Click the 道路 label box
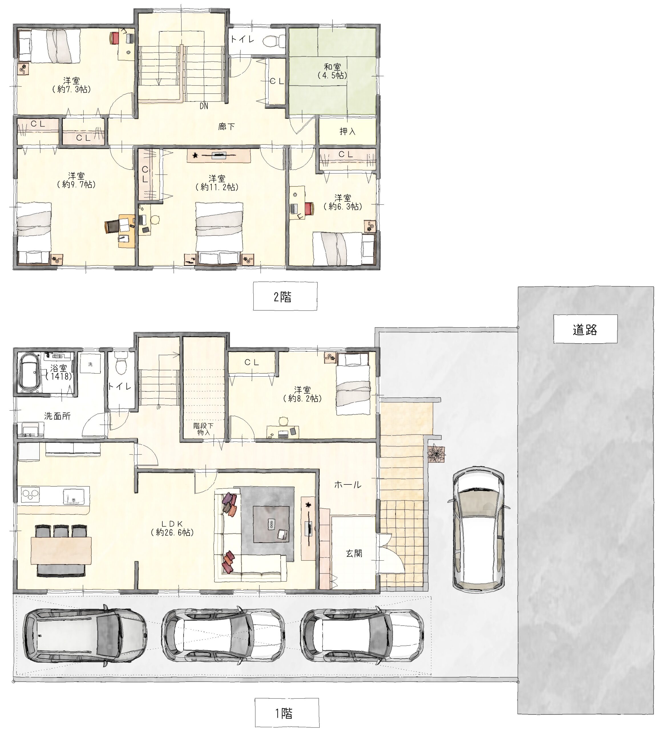tap(585, 329)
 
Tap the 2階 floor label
tap(285, 297)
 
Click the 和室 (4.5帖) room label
tap(332, 71)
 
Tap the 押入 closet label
tap(347, 131)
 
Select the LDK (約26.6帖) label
tap(172, 528)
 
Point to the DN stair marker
tap(204, 106)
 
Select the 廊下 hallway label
tap(226, 126)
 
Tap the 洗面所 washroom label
tap(57, 416)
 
